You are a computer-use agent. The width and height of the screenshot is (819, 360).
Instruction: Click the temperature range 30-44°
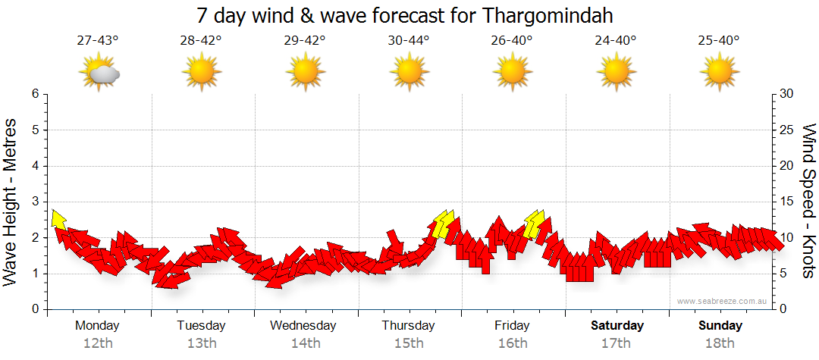point(408,41)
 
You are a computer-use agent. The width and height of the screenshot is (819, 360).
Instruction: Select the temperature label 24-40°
point(615,41)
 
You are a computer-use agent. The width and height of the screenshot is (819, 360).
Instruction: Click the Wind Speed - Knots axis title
point(808,201)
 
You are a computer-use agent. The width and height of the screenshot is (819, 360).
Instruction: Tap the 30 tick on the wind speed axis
point(788,94)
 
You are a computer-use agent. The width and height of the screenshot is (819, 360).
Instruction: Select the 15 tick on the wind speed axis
point(788,202)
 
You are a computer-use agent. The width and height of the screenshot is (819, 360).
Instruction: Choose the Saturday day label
point(617,326)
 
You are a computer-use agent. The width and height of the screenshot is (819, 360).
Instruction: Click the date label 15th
point(409,343)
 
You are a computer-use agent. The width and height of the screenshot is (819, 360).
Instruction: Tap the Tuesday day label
point(201,326)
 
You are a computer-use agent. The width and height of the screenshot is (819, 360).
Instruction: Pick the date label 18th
point(720,343)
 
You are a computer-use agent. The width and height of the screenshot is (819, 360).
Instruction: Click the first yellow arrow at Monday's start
point(57,219)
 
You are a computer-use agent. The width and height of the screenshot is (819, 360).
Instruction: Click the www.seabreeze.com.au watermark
point(723,301)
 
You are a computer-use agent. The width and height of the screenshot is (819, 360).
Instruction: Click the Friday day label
point(512,326)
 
